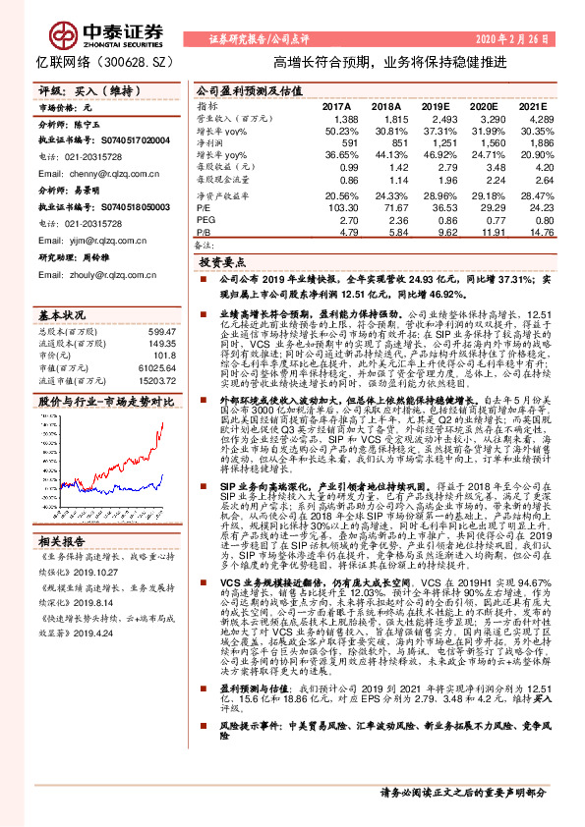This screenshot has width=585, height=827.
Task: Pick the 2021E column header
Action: pos(532,105)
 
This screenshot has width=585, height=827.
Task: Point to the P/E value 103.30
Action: pos(340,208)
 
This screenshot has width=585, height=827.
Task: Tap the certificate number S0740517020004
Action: pos(143,141)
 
